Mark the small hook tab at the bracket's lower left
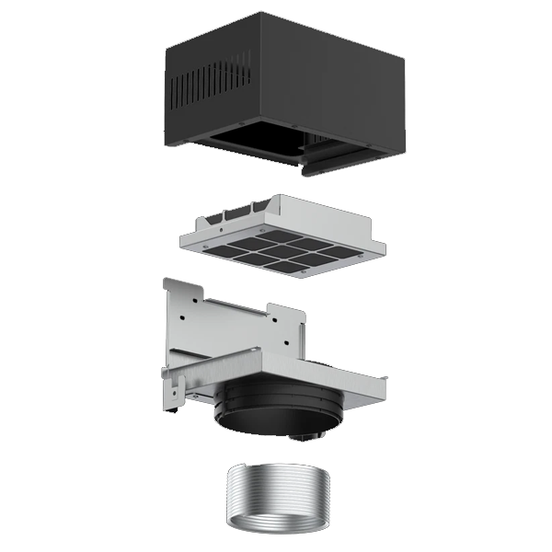pos(169,402)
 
